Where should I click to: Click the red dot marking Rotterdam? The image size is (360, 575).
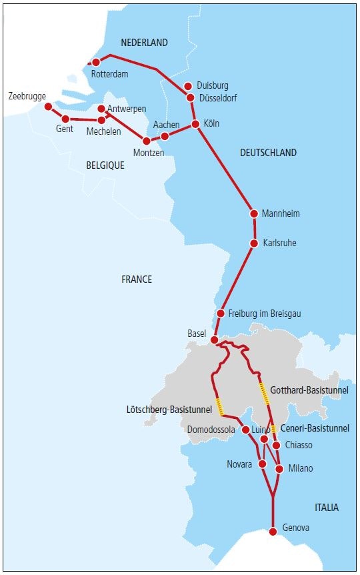[96, 63]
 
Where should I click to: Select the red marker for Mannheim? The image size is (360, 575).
[254, 213]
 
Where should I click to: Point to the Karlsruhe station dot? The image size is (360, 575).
[254, 243]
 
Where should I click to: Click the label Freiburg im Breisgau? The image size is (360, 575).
[269, 314]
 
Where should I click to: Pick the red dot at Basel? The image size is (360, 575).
[215, 340]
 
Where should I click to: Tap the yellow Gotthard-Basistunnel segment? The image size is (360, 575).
[265, 394]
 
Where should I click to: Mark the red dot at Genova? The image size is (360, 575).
[273, 532]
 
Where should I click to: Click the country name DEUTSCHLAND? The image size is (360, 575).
[268, 153]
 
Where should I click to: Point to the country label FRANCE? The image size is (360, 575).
[137, 279]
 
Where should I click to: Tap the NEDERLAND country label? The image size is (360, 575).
[144, 43]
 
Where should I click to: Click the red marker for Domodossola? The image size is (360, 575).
[245, 430]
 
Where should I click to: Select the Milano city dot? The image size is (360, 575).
[279, 468]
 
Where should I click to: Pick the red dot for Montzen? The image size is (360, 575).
[147, 141]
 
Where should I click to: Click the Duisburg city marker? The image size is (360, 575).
[188, 86]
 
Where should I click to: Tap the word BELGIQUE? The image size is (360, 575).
[105, 165]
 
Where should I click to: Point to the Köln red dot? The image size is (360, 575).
[195, 124]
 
